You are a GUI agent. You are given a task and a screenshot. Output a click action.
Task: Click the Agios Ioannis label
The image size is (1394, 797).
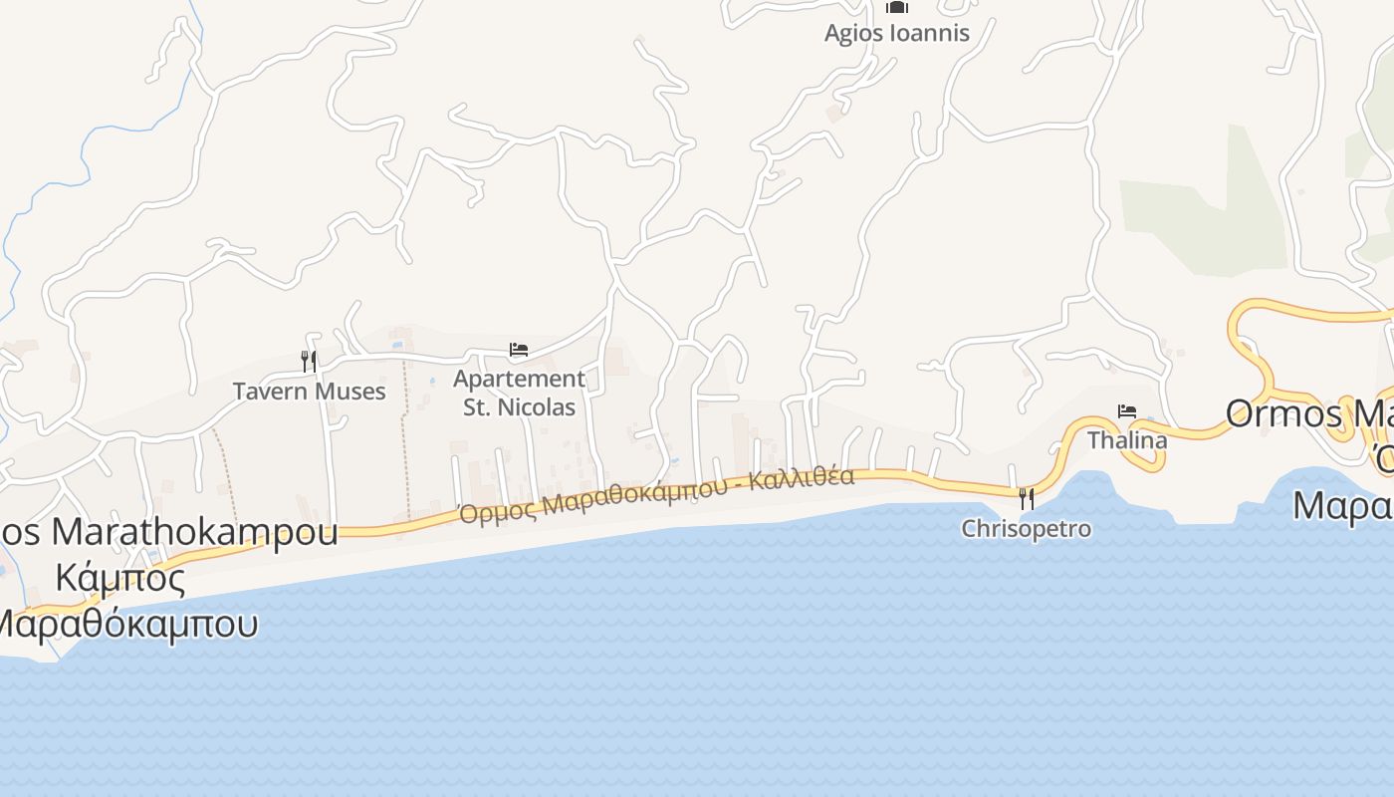tap(896, 33)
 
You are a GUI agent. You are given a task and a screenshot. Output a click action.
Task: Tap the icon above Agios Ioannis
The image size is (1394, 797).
tap(896, 7)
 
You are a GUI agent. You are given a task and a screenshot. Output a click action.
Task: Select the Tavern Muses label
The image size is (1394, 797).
tap(309, 391)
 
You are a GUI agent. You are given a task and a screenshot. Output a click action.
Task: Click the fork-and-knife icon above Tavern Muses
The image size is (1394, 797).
tap(309, 361)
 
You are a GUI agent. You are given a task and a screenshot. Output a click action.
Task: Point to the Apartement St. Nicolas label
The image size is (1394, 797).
tap(519, 393)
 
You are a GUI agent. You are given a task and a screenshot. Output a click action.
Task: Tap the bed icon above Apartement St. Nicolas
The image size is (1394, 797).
tap(519, 350)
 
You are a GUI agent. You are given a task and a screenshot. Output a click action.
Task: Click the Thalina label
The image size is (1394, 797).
tap(1127, 439)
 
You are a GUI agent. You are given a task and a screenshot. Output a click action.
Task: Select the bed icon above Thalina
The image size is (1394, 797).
tap(1127, 410)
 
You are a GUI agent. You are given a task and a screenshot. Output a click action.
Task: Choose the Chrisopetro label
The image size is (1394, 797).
tap(1026, 528)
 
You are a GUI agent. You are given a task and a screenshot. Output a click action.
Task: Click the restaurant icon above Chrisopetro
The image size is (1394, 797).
tap(1026, 498)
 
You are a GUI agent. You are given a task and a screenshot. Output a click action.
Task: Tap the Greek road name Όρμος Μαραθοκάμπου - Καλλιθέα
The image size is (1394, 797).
tap(656, 495)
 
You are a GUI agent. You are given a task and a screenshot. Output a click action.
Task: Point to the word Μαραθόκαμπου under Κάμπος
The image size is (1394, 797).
tap(127, 624)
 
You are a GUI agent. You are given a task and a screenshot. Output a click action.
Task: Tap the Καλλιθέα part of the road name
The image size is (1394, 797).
tap(802, 479)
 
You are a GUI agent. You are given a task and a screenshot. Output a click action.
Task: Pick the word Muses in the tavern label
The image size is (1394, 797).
tap(353, 391)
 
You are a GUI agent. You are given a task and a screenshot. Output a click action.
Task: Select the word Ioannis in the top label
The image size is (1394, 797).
tap(931, 33)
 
